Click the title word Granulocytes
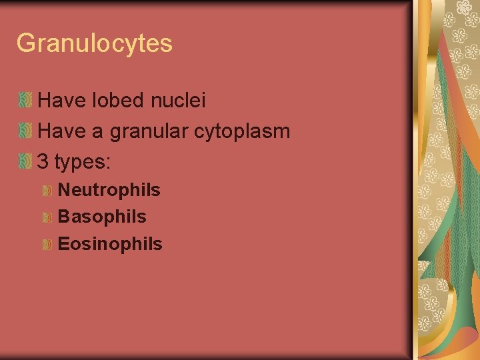(x=94, y=44)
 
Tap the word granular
(x=149, y=131)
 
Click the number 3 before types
(x=43, y=161)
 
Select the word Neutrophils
(x=109, y=190)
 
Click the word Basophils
(x=102, y=217)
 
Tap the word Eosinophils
(x=110, y=244)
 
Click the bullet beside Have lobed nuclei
(x=25, y=101)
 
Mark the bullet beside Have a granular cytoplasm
(x=25, y=131)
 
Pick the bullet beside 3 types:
(x=25, y=161)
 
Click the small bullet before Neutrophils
(x=47, y=191)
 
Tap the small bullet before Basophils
(x=47, y=217)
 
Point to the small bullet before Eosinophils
(x=47, y=245)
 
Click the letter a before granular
(x=96, y=132)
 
